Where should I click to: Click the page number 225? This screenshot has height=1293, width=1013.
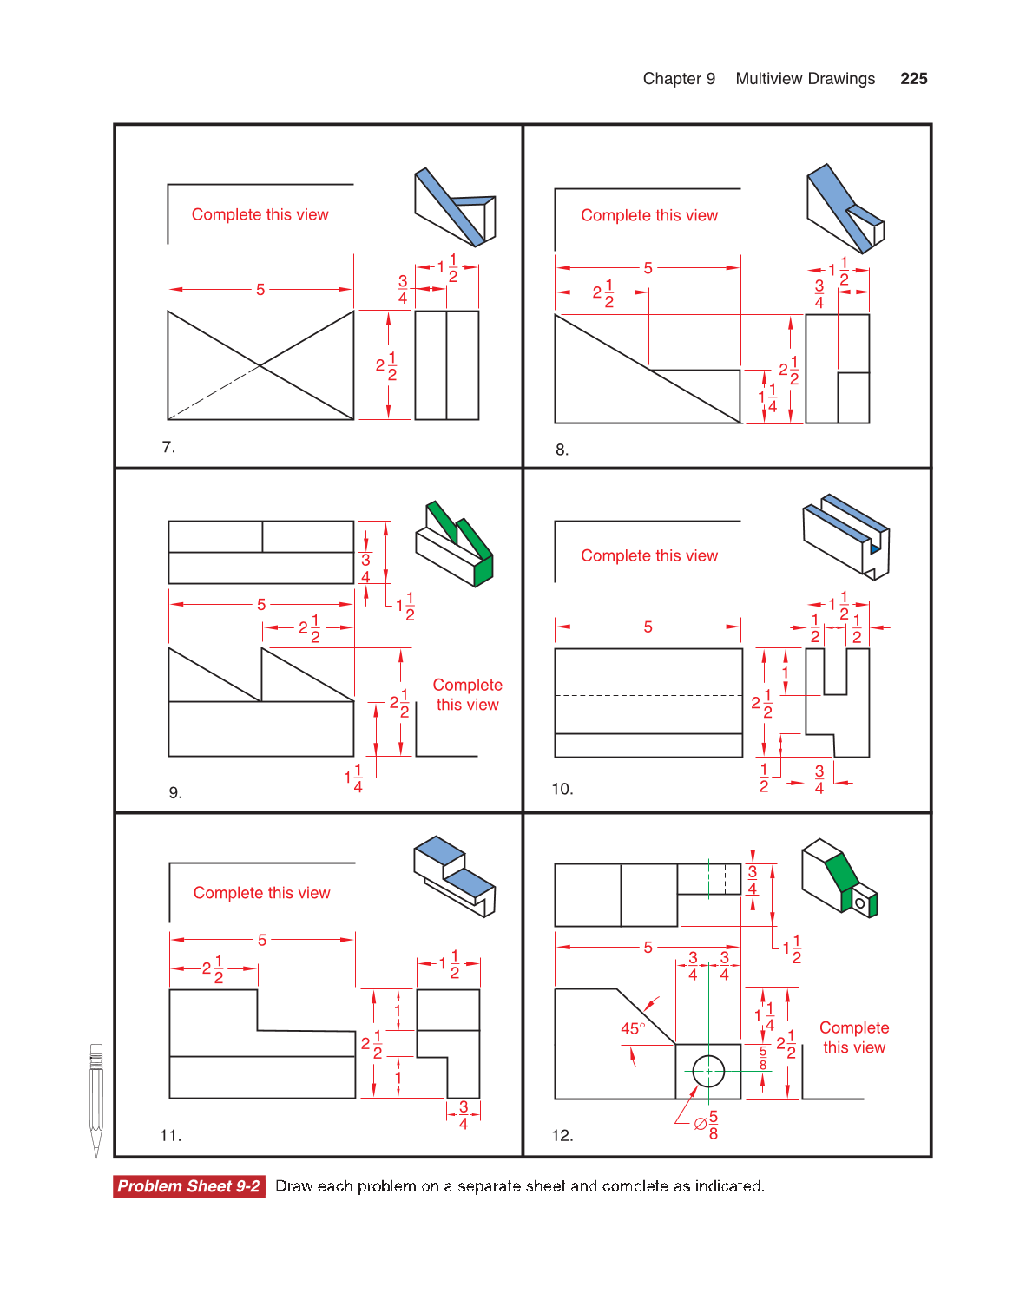pos(913,79)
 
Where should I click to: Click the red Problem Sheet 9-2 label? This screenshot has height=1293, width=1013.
pos(188,1186)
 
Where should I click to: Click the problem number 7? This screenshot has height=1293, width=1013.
pos(168,447)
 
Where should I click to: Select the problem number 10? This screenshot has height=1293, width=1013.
pos(562,789)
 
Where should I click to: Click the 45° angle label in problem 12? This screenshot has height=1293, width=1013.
pos(632,1028)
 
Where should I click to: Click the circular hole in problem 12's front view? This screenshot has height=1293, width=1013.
pos(708,1071)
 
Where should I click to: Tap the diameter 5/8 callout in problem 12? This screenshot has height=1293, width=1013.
pos(706,1124)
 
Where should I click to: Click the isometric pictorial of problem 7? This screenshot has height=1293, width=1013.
pos(454,207)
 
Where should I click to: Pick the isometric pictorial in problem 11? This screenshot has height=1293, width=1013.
pos(454,876)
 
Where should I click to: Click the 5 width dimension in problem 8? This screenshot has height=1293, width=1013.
pos(648,268)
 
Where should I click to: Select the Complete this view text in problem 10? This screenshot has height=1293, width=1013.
pos(649,555)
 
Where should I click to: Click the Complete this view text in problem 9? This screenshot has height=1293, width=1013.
pos(467,695)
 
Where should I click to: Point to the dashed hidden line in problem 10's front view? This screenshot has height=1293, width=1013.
pos(648,695)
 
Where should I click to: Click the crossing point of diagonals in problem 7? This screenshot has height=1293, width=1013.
pos(260,365)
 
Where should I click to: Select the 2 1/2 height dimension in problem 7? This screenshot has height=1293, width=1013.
pos(386,365)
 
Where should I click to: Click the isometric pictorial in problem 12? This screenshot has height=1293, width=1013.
pos(839,877)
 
